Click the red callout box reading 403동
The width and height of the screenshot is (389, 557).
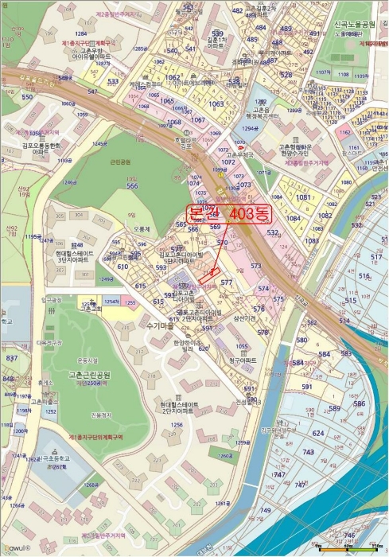coord(229,213)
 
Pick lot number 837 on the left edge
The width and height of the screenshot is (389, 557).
coord(11,358)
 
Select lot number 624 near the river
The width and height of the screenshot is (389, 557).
coord(318,433)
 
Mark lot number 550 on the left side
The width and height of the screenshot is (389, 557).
coord(27,97)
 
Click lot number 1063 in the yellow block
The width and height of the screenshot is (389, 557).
coord(216,103)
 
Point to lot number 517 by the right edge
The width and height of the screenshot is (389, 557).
coord(376,256)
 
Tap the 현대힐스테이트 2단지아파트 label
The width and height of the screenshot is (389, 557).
coord(175,407)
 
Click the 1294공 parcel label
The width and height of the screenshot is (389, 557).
coord(250,127)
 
